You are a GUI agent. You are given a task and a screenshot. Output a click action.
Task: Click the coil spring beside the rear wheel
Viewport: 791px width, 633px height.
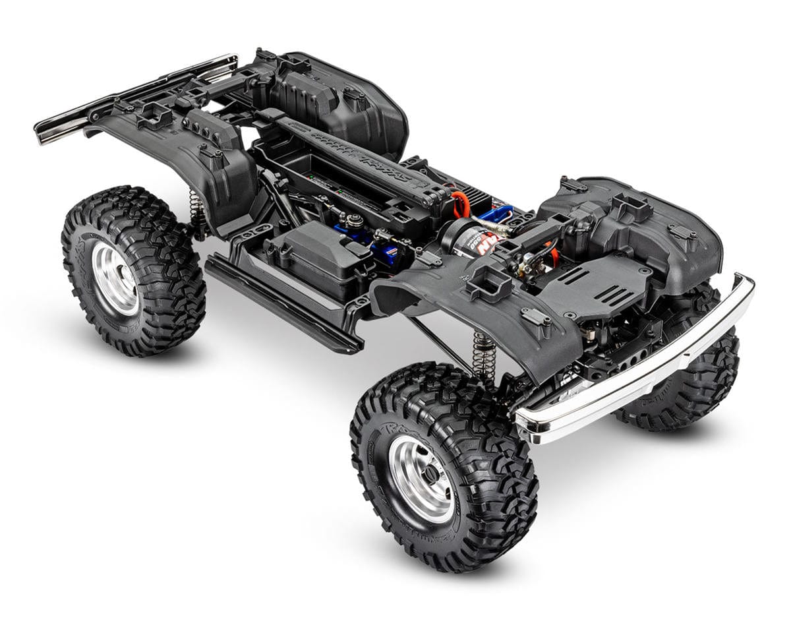coord(196,208)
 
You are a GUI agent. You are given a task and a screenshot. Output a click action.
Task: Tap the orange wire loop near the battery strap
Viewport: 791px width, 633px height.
coord(461,204)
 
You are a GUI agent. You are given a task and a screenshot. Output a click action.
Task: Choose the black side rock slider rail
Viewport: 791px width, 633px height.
coord(283,303)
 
